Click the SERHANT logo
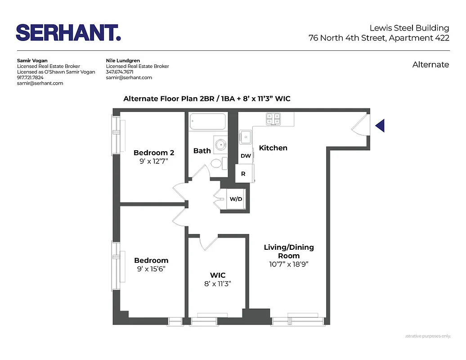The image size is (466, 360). (68, 33)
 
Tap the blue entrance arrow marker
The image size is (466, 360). (380, 126)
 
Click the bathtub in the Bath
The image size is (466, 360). (207, 121)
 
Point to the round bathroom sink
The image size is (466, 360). (220, 145)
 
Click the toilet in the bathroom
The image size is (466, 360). (216, 163)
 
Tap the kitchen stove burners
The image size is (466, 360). (273, 119)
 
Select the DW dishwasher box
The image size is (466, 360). (246, 156)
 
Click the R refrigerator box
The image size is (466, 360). (243, 173)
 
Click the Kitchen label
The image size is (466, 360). (273, 148)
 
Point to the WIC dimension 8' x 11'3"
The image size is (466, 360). (218, 283)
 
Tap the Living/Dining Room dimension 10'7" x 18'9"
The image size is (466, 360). (288, 264)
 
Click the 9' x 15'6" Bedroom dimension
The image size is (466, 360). (151, 269)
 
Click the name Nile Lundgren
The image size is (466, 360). (123, 60)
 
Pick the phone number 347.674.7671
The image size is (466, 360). (119, 72)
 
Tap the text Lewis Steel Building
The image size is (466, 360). (409, 28)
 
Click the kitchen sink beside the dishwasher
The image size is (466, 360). (246, 136)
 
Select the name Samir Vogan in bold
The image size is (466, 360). (32, 60)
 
